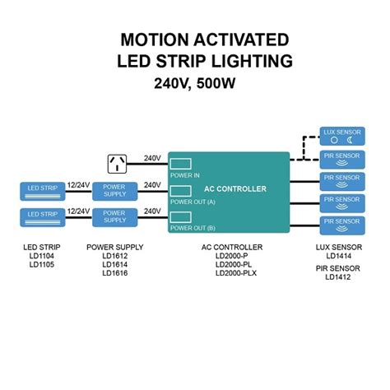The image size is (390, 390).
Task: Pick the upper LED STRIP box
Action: [x=43, y=191]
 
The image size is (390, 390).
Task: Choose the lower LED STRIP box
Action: [x=43, y=218]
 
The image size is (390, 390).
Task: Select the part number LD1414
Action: [x=338, y=257]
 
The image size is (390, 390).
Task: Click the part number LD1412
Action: [x=338, y=276]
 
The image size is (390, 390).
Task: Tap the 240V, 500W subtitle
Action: [x=194, y=83]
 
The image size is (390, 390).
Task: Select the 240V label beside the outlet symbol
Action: [x=152, y=158]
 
